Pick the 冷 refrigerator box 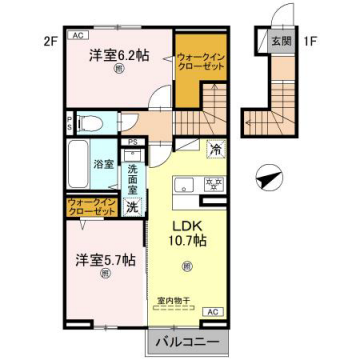click(x=215, y=150)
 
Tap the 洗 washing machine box click(x=132, y=207)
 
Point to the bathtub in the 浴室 click(x=78, y=159)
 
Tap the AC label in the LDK click(x=211, y=313)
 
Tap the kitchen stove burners click(x=212, y=183)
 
